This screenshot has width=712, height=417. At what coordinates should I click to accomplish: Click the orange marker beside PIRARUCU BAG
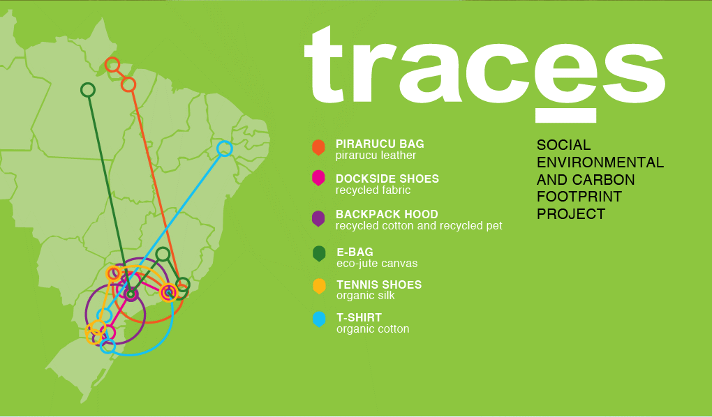click(318, 147)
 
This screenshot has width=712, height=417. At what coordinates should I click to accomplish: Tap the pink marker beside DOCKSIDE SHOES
click(318, 178)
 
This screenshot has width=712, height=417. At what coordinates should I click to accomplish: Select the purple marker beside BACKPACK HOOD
click(318, 218)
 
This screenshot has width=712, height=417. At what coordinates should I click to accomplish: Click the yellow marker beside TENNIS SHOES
click(319, 287)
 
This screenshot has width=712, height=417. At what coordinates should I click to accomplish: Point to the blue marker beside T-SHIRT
click(319, 319)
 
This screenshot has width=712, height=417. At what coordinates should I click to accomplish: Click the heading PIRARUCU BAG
click(380, 144)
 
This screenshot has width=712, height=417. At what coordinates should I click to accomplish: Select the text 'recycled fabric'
click(373, 190)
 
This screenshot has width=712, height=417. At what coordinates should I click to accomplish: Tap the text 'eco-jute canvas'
click(377, 264)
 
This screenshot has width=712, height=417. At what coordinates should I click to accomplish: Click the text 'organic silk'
click(366, 296)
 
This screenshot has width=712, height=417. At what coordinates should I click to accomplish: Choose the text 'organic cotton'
click(373, 329)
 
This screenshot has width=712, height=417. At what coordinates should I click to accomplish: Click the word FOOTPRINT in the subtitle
click(579, 197)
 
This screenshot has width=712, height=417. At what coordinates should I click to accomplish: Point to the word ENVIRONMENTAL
click(600, 162)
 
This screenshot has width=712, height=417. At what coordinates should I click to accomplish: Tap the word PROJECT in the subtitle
click(571, 213)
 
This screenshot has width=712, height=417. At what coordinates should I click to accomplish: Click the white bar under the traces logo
click(566, 115)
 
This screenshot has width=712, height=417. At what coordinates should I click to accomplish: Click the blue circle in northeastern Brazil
click(224, 149)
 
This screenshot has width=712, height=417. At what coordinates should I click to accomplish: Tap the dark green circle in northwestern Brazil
click(88, 90)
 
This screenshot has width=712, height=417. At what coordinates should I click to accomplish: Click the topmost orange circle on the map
click(112, 65)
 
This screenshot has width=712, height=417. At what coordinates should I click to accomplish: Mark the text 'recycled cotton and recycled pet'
click(419, 225)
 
